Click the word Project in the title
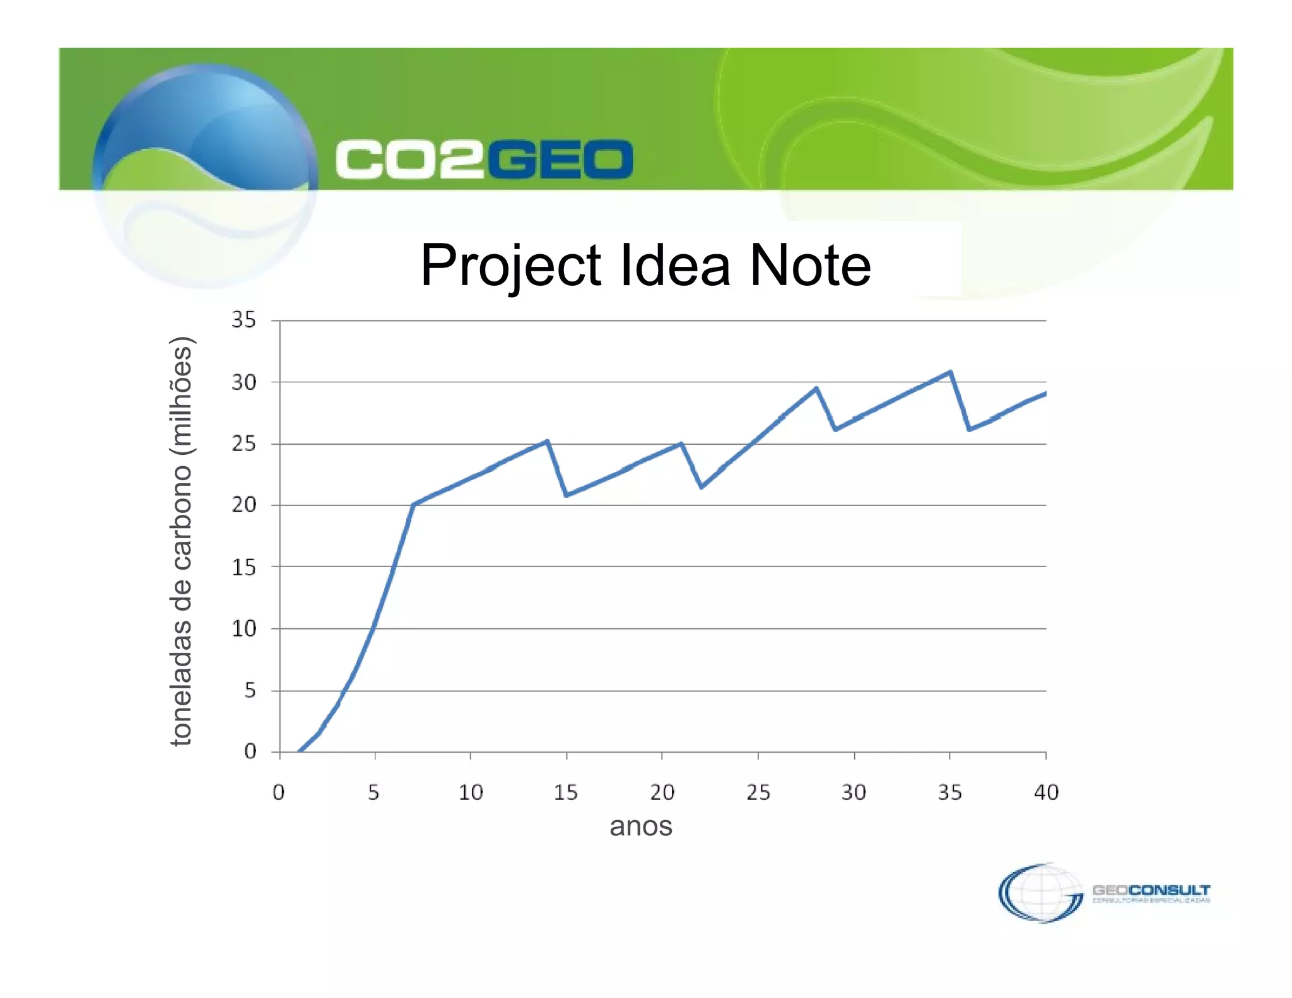pyautogui.click(x=510, y=266)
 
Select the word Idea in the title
pyautogui.click(x=675, y=266)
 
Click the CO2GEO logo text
pyautogui.click(x=484, y=159)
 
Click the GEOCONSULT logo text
pyautogui.click(x=1151, y=891)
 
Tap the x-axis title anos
pyautogui.click(x=641, y=826)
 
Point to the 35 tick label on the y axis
pyautogui.click(x=244, y=320)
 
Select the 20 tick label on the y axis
pyautogui.click(x=244, y=505)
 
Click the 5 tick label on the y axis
pyautogui.click(x=250, y=690)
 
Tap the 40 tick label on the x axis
pyautogui.click(x=1046, y=792)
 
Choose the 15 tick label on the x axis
pyautogui.click(x=566, y=792)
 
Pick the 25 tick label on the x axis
pyautogui.click(x=758, y=792)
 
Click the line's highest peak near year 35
pyautogui.click(x=950, y=372)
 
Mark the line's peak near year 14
pyautogui.click(x=547, y=441)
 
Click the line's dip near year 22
pyautogui.click(x=702, y=487)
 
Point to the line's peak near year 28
pyautogui.click(x=816, y=389)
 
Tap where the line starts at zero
pyautogui.click(x=299, y=751)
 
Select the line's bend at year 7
pyautogui.click(x=413, y=505)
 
